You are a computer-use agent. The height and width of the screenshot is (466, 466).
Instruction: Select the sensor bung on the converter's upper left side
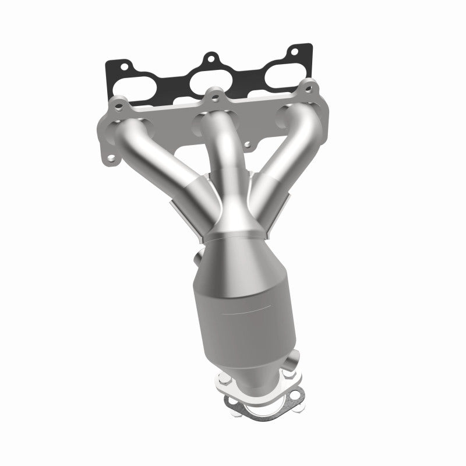(x=198, y=256)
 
